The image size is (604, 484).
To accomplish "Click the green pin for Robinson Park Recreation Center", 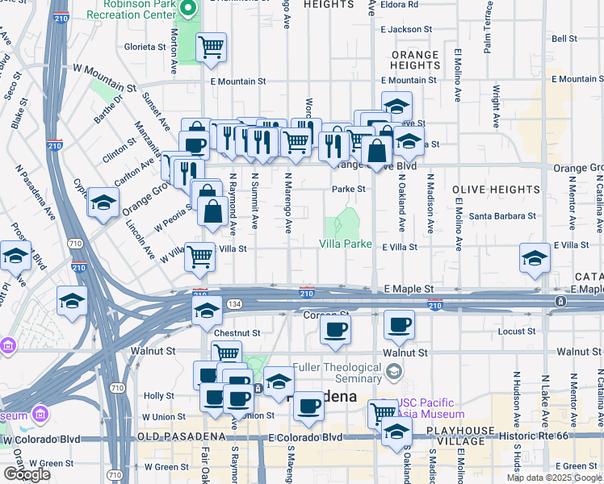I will point(189,10).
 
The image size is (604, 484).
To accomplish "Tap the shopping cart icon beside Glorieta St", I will point(211,46).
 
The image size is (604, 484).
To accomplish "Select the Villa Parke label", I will point(346,244).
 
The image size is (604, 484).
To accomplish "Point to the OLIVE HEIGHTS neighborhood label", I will point(496,190).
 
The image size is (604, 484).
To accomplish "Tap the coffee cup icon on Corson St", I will point(335,328).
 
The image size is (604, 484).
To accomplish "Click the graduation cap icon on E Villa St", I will point(535,258).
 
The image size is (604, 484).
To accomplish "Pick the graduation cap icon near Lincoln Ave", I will point(104,203).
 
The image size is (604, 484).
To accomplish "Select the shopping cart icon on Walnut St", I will point(226,353).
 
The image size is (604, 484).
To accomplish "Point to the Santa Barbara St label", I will point(503,215).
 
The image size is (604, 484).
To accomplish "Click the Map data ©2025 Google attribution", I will point(554,478).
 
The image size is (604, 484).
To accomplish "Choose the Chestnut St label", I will point(237,332).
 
